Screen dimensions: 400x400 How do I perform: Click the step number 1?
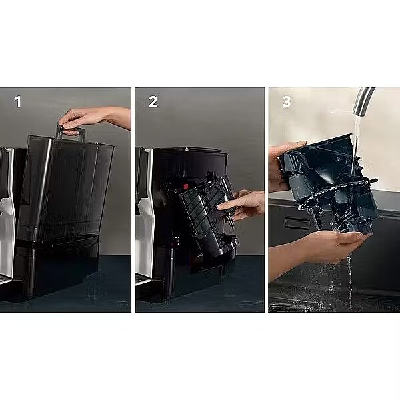tap(18, 101)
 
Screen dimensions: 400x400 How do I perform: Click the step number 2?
tap(153, 101)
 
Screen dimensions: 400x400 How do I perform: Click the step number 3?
tap(286, 101)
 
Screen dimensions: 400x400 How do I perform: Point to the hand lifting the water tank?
tap(95, 119)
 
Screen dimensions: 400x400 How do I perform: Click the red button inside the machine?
tap(185, 186)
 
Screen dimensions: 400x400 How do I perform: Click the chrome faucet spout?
tap(363, 101)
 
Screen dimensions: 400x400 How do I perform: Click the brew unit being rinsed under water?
tap(329, 184)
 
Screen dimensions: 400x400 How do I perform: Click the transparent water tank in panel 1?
tap(66, 189)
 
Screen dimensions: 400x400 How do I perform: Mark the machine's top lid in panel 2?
tap(190, 151)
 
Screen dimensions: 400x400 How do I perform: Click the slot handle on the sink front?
tap(296, 223)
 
